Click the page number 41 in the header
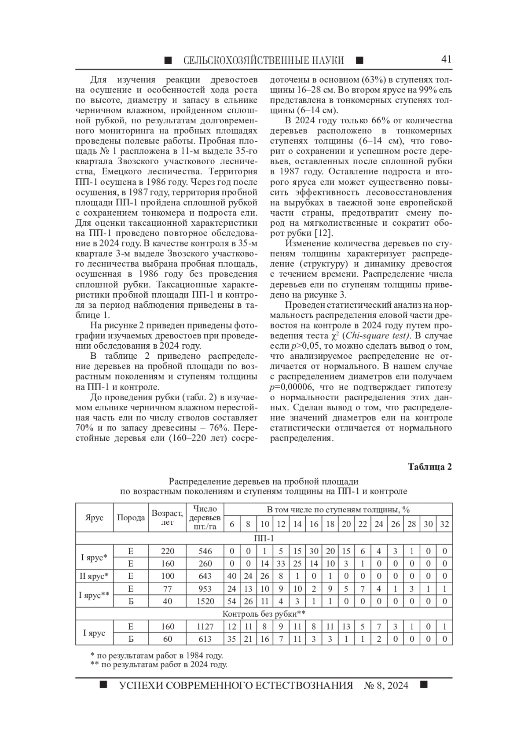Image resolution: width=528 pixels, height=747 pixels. tap(446, 59)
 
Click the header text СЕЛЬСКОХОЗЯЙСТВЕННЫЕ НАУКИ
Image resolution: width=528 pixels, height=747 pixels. tap(263, 60)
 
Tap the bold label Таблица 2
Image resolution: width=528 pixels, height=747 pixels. tap(430, 467)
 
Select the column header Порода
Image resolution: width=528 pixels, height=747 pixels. tap(131, 518)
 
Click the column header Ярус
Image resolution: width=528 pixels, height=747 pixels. tap(94, 518)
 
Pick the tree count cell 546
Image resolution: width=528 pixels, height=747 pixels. tap(205, 551)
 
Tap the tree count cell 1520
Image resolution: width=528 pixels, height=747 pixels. tap(205, 601)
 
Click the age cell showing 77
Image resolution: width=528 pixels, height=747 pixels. tap(167, 589)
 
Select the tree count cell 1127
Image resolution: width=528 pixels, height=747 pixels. tap(205, 626)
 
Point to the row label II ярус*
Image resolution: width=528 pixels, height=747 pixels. tap(94, 576)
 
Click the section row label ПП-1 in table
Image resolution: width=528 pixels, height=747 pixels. tap(264, 538)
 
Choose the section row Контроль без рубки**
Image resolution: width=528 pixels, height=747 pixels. tap(264, 614)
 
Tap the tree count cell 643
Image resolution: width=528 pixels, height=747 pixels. tap(205, 576)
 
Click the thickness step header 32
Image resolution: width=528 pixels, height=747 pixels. tap(444, 524)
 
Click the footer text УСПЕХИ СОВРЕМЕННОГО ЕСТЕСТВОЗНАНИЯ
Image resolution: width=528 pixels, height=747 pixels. tap(236, 685)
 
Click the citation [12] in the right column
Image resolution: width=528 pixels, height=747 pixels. tap(326, 233)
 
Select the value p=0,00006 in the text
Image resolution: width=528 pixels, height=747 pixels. tap(293, 387)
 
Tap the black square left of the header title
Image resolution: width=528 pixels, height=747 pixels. tap(168, 60)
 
